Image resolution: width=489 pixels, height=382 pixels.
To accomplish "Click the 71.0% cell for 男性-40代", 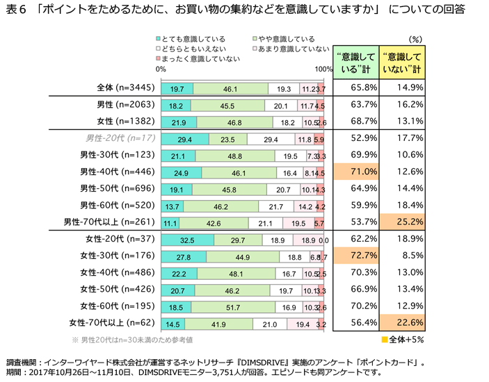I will [x=355, y=172].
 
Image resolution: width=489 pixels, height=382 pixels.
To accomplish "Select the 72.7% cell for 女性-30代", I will [x=355, y=256].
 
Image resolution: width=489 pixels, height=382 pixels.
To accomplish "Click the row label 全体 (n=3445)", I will [x=126, y=88].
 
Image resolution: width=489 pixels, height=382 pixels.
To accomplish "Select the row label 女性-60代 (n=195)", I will [x=118, y=306].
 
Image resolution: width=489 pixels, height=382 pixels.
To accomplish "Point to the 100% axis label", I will [x=323, y=69].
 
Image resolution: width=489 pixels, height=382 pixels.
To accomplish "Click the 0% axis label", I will [x=161, y=69].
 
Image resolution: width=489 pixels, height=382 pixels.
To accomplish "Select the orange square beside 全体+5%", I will [x=383, y=341].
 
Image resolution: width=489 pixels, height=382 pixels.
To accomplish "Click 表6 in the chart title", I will [x=16, y=10].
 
